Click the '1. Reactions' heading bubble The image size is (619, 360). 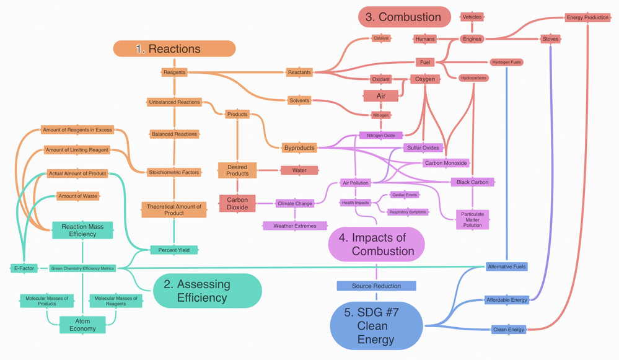pos(174,49)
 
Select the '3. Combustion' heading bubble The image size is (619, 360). pos(404,17)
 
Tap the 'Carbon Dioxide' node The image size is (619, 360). pos(237,203)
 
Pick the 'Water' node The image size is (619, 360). pos(299,170)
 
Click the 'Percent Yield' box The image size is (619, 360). pos(174,250)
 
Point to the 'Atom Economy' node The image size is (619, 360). pos(82,325)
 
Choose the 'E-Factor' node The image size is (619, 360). pos(24,268)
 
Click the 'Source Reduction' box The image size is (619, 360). pos(376,286)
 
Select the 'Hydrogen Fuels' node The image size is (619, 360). pos(506,63)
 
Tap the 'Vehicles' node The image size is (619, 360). pos(472,17)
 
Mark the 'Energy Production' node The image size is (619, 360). pos(587,17)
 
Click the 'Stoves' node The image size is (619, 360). pos(550,39)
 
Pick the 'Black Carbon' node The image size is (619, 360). pos(472,182)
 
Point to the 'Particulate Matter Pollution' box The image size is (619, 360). pos(472,219)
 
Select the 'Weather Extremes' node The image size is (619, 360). pos(295,226)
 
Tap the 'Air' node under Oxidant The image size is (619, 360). pos(381,96)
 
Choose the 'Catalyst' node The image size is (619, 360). pos(381,38)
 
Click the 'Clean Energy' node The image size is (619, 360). pos(509,330)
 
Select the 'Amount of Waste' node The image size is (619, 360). pos(77,196)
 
